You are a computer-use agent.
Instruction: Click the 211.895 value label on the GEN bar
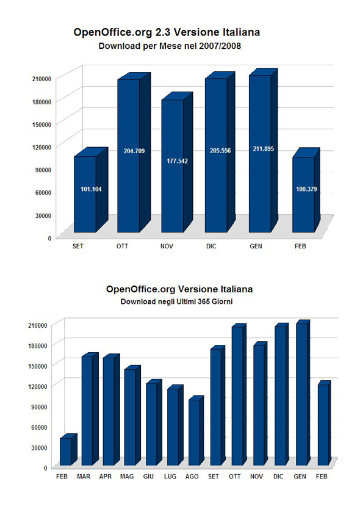click(263, 149)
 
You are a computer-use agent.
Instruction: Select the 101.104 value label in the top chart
click(91, 189)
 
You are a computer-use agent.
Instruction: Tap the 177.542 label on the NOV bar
click(177, 161)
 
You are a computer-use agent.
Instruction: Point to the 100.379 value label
click(306, 189)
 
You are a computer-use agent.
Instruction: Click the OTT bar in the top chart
click(134, 153)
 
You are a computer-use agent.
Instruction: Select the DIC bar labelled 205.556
click(220, 152)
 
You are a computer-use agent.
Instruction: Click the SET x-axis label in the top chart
click(78, 246)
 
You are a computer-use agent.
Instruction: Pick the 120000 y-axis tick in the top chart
click(42, 147)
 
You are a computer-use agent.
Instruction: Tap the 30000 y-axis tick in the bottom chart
click(39, 447)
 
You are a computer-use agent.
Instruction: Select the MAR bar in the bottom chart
click(90, 409)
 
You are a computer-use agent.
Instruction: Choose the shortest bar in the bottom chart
click(68, 449)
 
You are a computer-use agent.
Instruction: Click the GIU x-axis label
click(148, 476)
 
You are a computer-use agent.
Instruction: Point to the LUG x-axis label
click(170, 476)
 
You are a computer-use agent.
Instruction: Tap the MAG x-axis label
click(126, 476)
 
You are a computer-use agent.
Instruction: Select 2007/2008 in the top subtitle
click(220, 46)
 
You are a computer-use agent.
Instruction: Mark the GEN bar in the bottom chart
click(303, 393)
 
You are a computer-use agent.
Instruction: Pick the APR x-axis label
click(105, 476)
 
